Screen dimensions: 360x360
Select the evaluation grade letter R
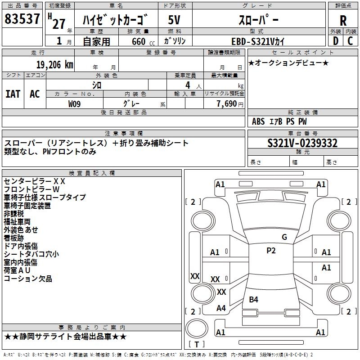coord(343,21)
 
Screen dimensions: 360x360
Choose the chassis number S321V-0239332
coord(302,143)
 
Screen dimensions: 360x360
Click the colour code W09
coord(75,103)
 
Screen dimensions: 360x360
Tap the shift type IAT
coord(13,94)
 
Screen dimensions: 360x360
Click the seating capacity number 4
coord(187,85)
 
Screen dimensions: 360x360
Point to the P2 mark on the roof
coord(271,251)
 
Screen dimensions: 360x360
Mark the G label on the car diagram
coord(284,237)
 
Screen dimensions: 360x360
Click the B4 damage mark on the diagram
coord(254,299)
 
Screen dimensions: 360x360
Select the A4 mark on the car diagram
coord(221,308)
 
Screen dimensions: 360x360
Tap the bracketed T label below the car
coord(196,344)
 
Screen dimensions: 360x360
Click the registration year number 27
coord(58,24)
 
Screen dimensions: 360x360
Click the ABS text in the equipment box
coord(258,121)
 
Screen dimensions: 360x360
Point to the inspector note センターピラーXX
coord(35,181)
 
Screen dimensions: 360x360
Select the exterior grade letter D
coord(335,41)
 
